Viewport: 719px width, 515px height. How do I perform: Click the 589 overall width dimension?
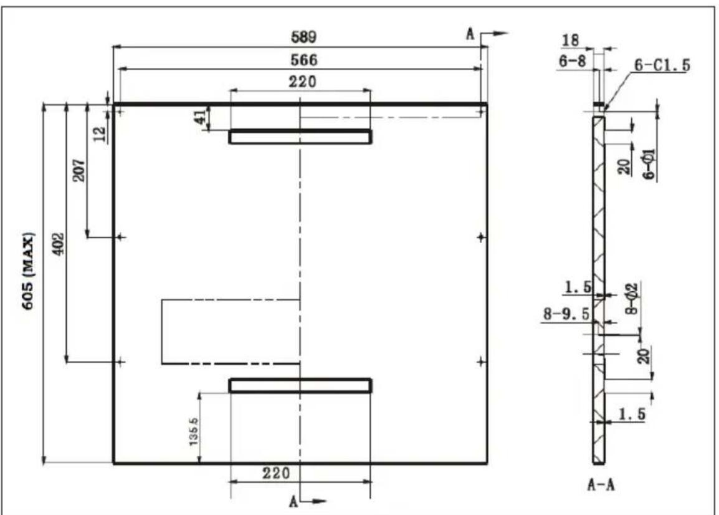coord(303,37)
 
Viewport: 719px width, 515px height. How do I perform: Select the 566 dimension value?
coord(303,60)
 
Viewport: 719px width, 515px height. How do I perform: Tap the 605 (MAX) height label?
coord(28,271)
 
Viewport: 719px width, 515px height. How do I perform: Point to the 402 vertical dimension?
coord(58,244)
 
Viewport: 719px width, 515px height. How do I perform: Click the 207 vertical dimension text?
coord(79,170)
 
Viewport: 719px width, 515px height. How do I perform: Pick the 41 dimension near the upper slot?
coord(201,117)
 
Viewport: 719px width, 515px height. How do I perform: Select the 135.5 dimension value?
coord(193,431)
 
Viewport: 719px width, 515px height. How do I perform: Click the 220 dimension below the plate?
coord(276,473)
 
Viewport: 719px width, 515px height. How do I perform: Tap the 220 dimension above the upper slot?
coord(303,82)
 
